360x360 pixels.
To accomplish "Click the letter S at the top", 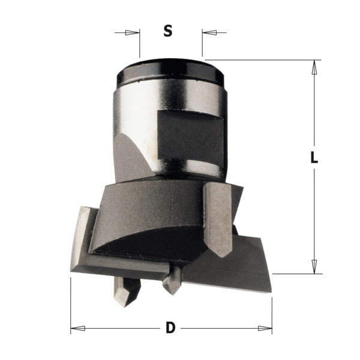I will click(x=168, y=31).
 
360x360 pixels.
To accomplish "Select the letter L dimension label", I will click(x=313, y=158).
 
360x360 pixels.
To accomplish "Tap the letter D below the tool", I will click(x=170, y=328).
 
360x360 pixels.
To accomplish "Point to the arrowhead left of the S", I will click(x=133, y=32).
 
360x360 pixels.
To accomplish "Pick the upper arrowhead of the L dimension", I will click(x=313, y=67).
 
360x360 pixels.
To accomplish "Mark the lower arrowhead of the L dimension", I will click(x=313, y=266).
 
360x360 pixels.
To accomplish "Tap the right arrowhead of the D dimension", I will click(x=265, y=328).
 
